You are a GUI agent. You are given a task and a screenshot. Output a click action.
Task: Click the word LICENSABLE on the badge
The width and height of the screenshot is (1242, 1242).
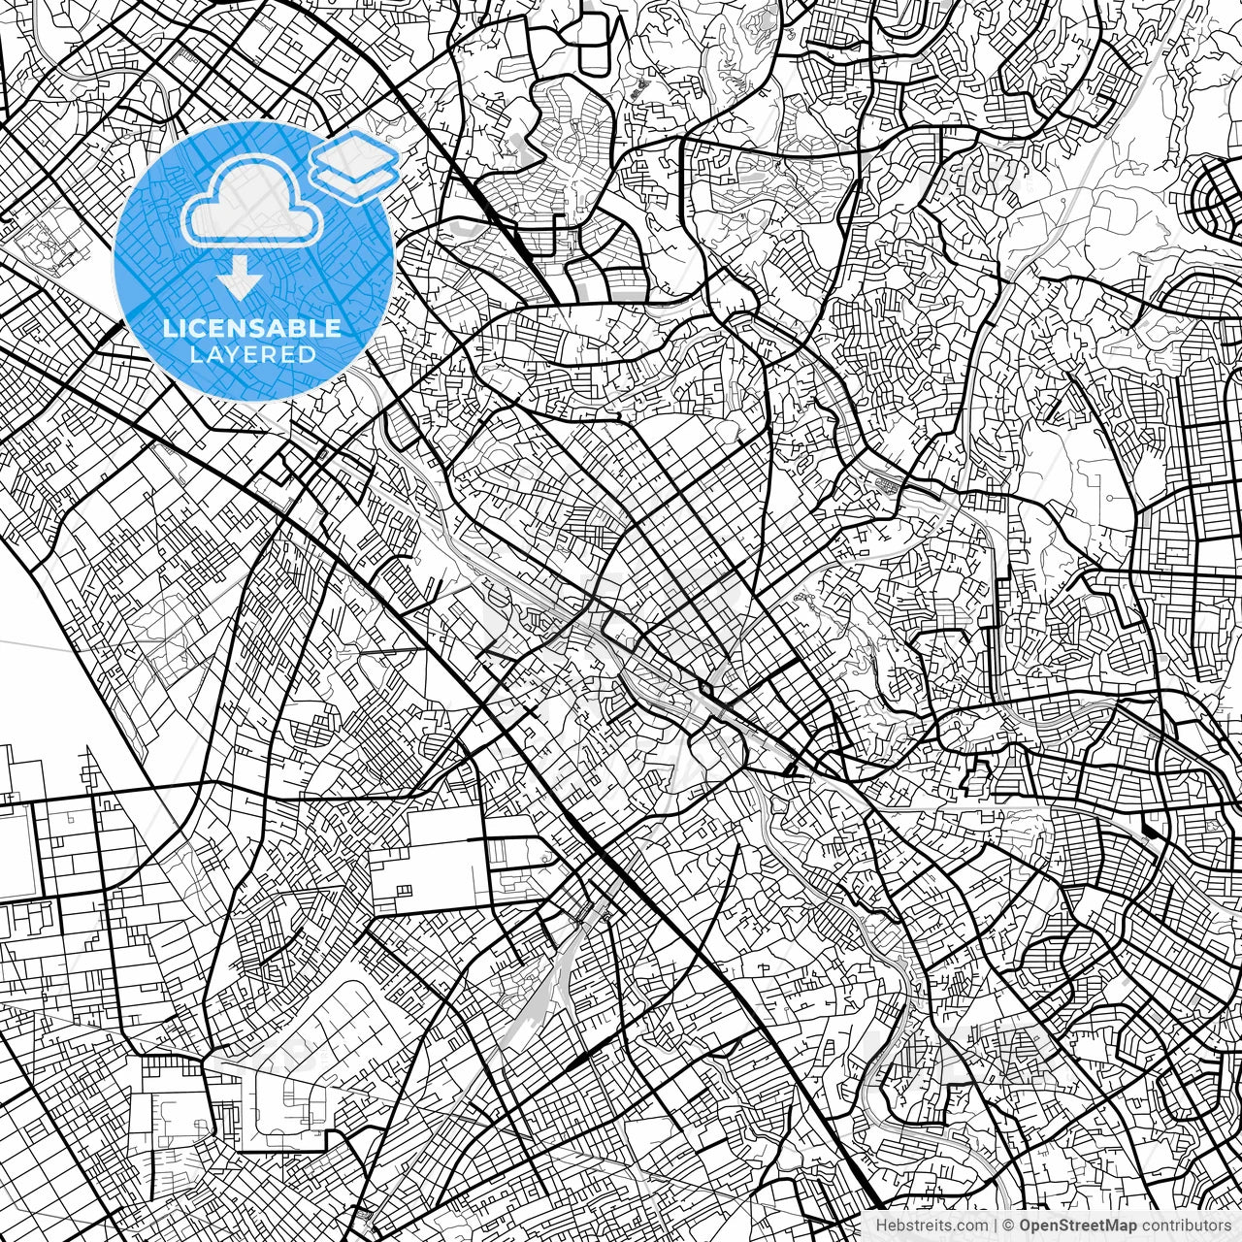tap(252, 329)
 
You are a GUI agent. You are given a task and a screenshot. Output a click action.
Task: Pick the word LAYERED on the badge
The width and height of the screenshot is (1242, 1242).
tap(252, 354)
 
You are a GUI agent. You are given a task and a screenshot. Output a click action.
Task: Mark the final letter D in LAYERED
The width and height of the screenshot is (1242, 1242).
tap(309, 354)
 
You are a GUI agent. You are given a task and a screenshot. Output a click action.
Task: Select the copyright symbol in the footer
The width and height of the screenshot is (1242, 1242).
tap(1009, 1226)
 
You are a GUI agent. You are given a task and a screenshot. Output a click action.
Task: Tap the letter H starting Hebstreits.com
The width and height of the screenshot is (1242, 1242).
tap(882, 1226)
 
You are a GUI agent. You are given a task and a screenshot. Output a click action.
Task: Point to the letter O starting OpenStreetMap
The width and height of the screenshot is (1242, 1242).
tap(1025, 1226)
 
